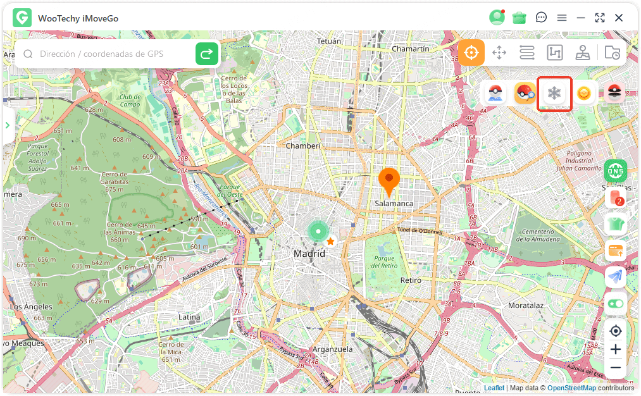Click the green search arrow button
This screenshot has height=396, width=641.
[206, 54]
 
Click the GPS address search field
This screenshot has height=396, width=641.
[108, 54]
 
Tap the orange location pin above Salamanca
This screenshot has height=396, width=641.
[389, 180]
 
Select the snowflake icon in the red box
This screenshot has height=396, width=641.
[554, 94]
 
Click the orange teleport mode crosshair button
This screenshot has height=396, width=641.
[471, 53]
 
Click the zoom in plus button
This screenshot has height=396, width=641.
[615, 349]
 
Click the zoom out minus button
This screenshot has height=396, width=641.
[615, 368]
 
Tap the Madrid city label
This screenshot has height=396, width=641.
[309, 254]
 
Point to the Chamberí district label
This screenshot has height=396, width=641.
[303, 145]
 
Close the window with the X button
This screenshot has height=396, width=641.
[619, 18]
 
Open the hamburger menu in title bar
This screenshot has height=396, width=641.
[562, 18]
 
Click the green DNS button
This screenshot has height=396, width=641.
[615, 170]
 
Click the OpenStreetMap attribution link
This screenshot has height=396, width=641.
[571, 388]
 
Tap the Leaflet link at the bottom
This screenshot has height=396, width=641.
[494, 388]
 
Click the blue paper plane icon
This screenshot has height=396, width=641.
[615, 276]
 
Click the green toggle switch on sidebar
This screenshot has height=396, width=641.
[615, 304]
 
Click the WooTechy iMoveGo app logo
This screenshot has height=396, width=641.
[22, 18]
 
